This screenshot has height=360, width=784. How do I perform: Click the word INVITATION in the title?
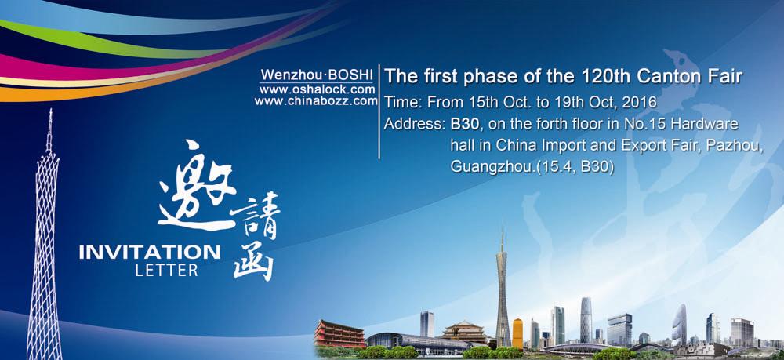[x=150, y=252]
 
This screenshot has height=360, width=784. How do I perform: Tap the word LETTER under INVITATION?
[x=166, y=271]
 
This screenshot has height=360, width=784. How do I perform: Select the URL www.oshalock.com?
[x=317, y=89]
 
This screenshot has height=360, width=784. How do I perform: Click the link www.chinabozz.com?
[x=316, y=101]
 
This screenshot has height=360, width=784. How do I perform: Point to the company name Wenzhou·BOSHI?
[x=317, y=75]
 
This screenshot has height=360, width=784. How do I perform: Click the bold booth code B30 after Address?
[x=464, y=124]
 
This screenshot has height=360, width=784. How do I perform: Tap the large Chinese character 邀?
[x=198, y=186]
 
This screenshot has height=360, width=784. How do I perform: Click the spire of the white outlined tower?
[x=49, y=131]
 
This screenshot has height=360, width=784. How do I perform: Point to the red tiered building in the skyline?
[x=339, y=333]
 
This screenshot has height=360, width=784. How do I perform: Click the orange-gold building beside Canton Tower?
[x=517, y=333]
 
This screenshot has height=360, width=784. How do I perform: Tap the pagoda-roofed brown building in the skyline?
[x=464, y=332]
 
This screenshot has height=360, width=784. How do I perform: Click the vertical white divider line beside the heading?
[x=379, y=111]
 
